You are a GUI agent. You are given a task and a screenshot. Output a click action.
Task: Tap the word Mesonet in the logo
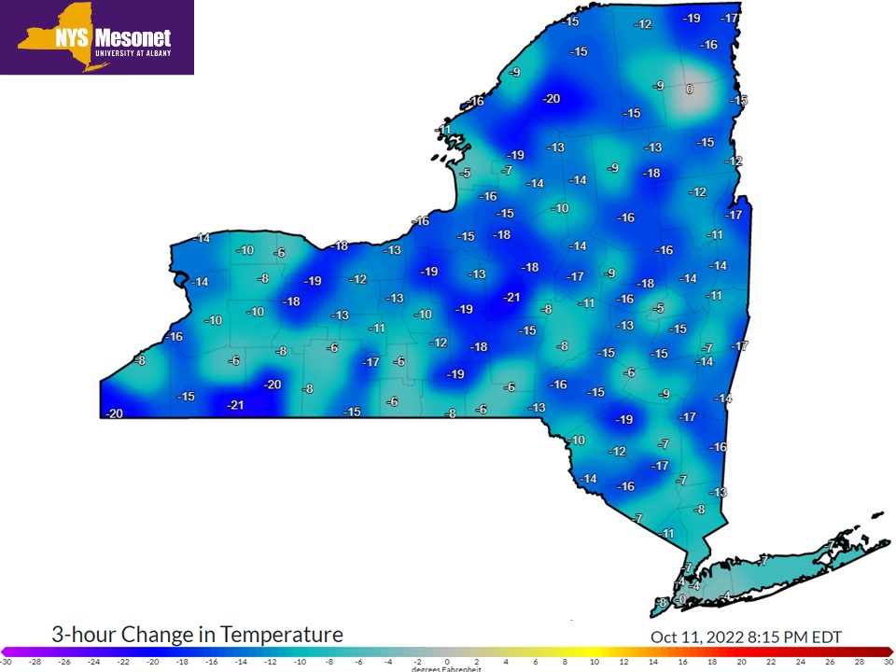[134, 38]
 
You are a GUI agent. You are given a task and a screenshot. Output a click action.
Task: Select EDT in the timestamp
[824, 637]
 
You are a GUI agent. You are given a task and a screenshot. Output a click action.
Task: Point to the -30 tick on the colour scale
[6, 661]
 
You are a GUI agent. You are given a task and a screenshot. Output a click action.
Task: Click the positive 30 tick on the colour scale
[889, 661]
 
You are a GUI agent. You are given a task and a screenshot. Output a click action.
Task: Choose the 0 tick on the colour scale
[447, 661]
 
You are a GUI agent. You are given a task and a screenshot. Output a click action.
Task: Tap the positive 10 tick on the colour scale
[595, 661]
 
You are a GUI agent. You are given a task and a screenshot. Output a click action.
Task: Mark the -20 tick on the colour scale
[152, 661]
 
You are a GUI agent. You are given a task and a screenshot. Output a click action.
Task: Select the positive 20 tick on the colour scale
[741, 661]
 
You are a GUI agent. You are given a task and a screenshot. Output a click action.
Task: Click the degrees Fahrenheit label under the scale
[447, 669]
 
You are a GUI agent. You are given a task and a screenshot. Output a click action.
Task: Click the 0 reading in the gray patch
[689, 90]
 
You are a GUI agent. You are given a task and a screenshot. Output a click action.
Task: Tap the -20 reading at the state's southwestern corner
[115, 414]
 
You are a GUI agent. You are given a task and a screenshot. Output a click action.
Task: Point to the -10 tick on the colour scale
[300, 661]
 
